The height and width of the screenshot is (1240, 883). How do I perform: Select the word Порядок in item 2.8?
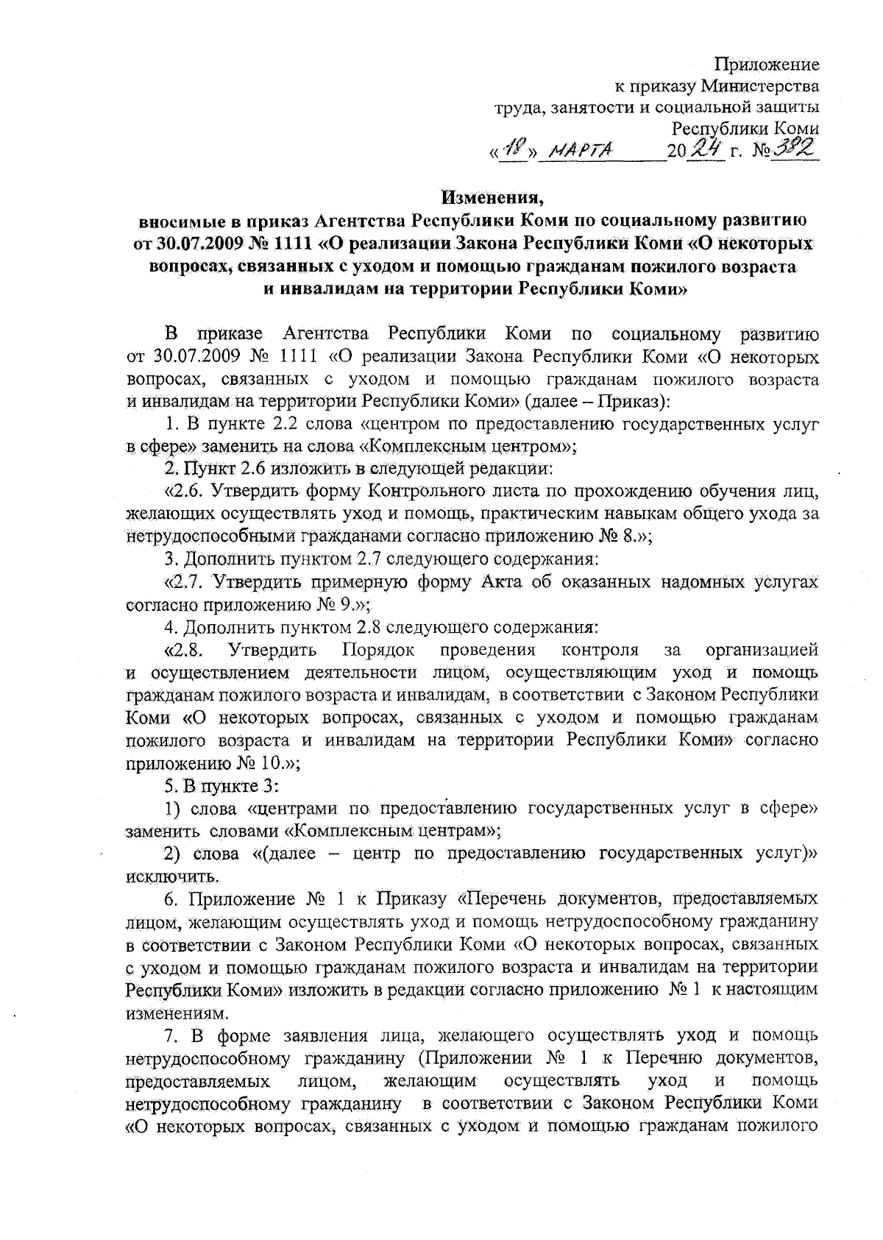click(378, 650)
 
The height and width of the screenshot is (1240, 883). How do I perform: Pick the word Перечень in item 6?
click(507, 899)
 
